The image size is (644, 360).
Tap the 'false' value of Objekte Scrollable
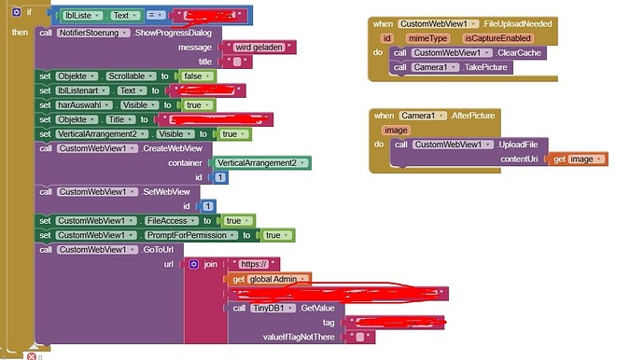196,76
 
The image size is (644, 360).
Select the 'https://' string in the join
253,264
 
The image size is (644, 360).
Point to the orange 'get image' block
580,159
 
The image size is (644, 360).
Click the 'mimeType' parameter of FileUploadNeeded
430,38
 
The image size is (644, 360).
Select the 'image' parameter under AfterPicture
396,130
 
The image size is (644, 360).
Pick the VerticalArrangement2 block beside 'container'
262,162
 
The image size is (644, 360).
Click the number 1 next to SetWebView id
208,206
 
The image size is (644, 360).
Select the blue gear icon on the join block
194,264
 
